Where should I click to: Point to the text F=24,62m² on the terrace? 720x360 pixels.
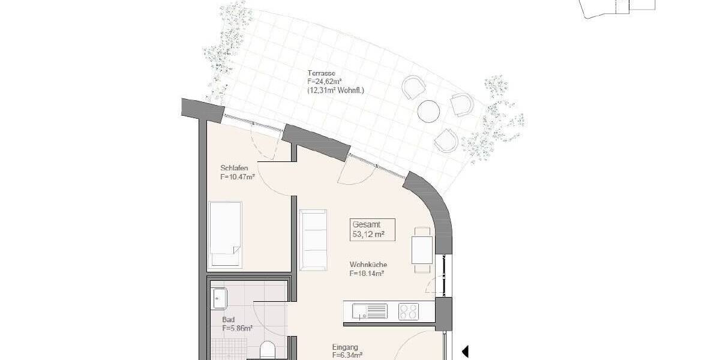(326, 82)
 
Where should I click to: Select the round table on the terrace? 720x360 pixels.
(428, 110)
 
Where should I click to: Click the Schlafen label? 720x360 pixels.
(233, 168)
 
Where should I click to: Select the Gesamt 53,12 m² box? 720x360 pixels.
(373, 230)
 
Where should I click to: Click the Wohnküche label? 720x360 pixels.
(368, 264)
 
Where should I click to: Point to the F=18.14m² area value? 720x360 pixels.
(367, 273)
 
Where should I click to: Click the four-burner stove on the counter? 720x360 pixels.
(409, 311)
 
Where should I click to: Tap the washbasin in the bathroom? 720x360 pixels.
(219, 297)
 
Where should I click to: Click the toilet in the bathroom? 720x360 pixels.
(268, 350)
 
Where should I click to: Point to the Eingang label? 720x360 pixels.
(345, 347)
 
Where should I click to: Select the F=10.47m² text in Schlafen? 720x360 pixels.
(238, 177)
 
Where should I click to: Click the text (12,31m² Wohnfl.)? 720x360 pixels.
(335, 91)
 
